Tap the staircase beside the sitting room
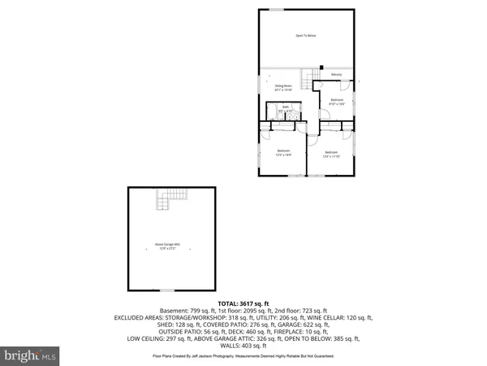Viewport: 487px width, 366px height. click(309, 80)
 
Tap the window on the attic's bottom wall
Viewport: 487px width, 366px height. click(167, 290)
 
